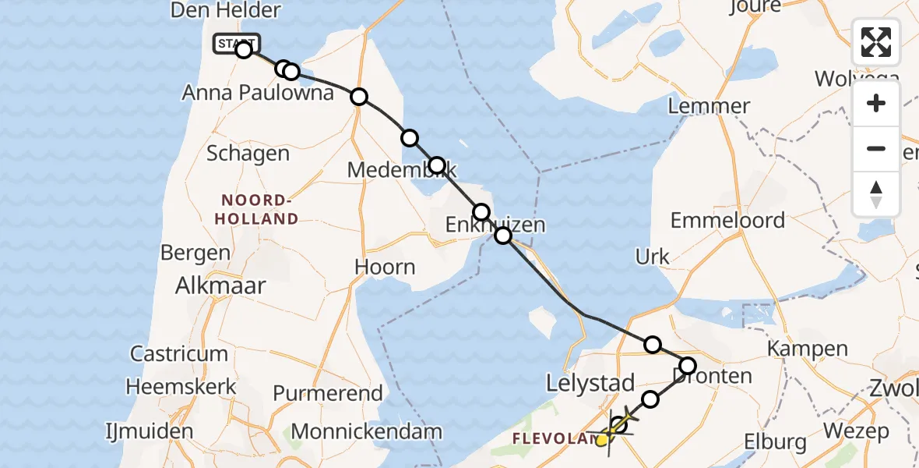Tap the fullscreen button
coord(876,42)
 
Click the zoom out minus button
coord(876,148)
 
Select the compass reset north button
coord(876,193)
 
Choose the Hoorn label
coord(385,267)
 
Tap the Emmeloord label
coord(727,220)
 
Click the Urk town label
coord(653,257)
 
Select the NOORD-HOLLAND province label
coord(258,209)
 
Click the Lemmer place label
coord(709,106)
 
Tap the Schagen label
coord(248,153)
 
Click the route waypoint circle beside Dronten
coord(688,365)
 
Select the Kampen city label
coord(808,348)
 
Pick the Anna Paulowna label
coord(258,93)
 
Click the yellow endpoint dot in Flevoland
coord(601,441)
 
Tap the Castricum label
coord(179,354)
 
